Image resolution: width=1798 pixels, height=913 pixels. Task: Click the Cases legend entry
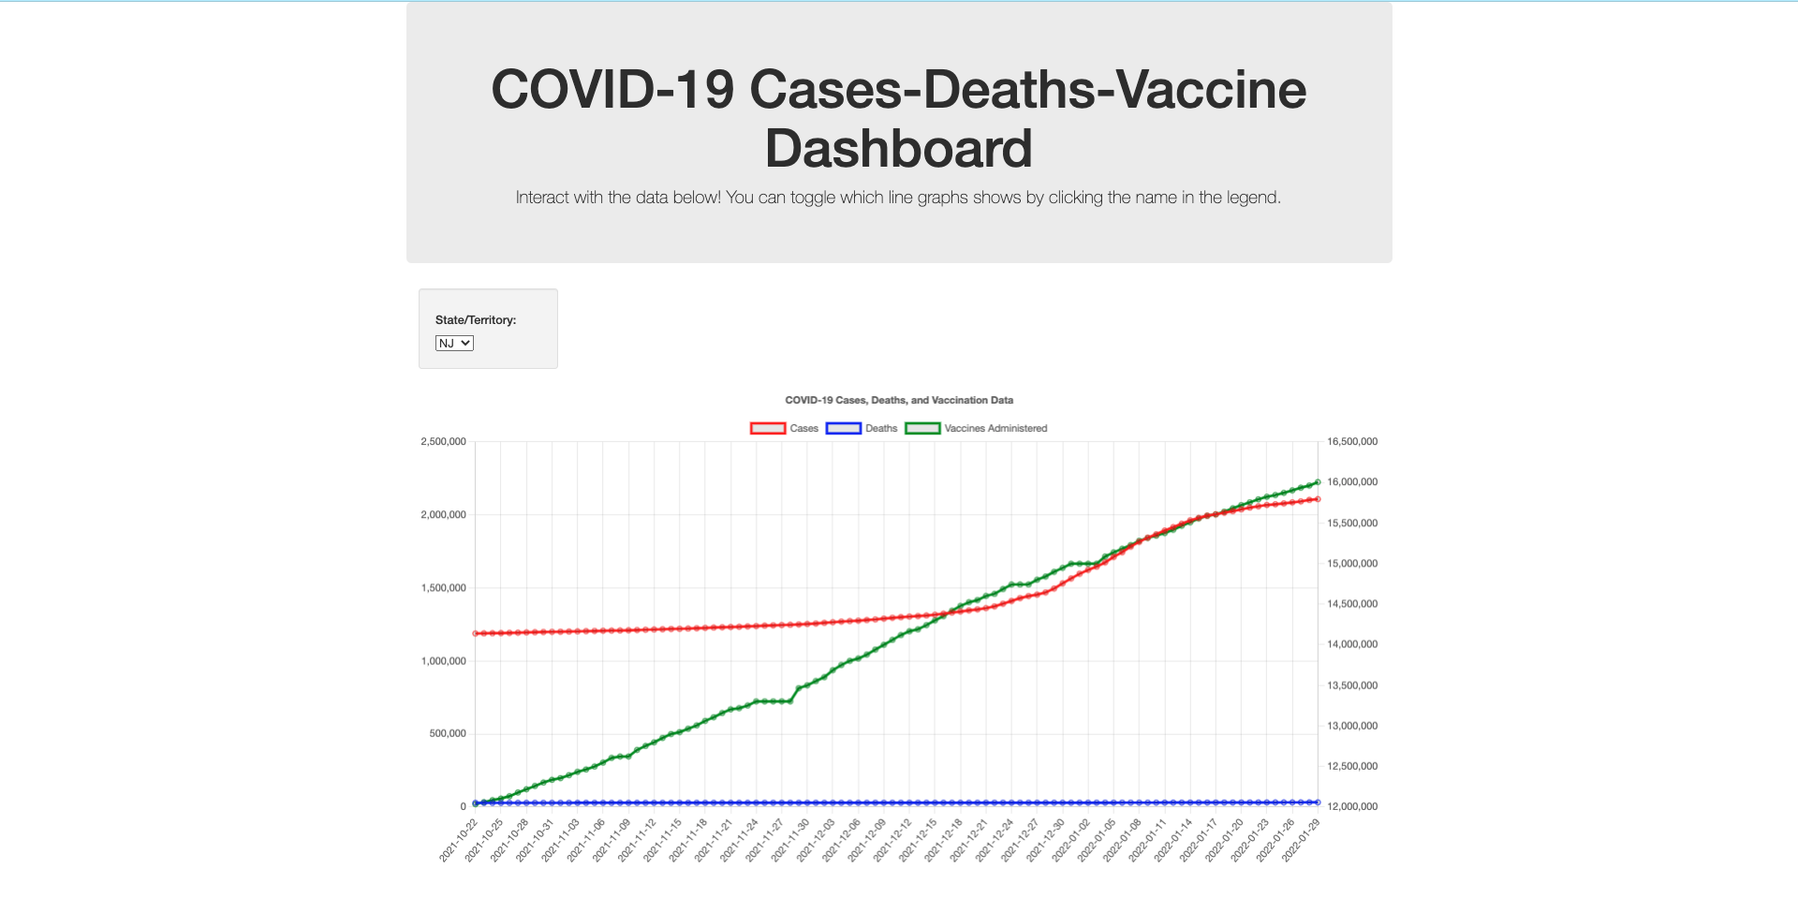[785, 429]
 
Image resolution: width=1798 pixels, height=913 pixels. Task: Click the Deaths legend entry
[862, 429]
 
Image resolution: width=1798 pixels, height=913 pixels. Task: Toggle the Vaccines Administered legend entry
[977, 429]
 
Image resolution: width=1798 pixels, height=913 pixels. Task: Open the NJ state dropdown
[454, 344]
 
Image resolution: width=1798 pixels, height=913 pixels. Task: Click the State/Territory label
[475, 320]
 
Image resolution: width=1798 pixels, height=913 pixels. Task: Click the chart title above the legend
[898, 400]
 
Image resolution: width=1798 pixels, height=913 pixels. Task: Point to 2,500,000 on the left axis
[443, 442]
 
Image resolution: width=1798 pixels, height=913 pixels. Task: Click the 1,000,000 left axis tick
[443, 661]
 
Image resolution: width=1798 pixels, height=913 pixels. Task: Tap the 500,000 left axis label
[447, 734]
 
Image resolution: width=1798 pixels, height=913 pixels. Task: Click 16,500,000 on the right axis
[1352, 442]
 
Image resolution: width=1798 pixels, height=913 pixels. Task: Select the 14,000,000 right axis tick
[1352, 644]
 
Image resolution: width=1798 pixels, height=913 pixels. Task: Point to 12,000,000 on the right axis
[1352, 806]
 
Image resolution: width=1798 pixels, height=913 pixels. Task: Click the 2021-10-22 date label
[459, 840]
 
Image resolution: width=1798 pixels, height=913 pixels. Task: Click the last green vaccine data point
[1318, 482]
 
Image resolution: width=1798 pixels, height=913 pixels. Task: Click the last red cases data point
[1318, 499]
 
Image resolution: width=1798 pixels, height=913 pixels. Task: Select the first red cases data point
[476, 634]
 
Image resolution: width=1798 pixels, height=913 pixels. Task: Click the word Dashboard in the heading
[898, 149]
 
